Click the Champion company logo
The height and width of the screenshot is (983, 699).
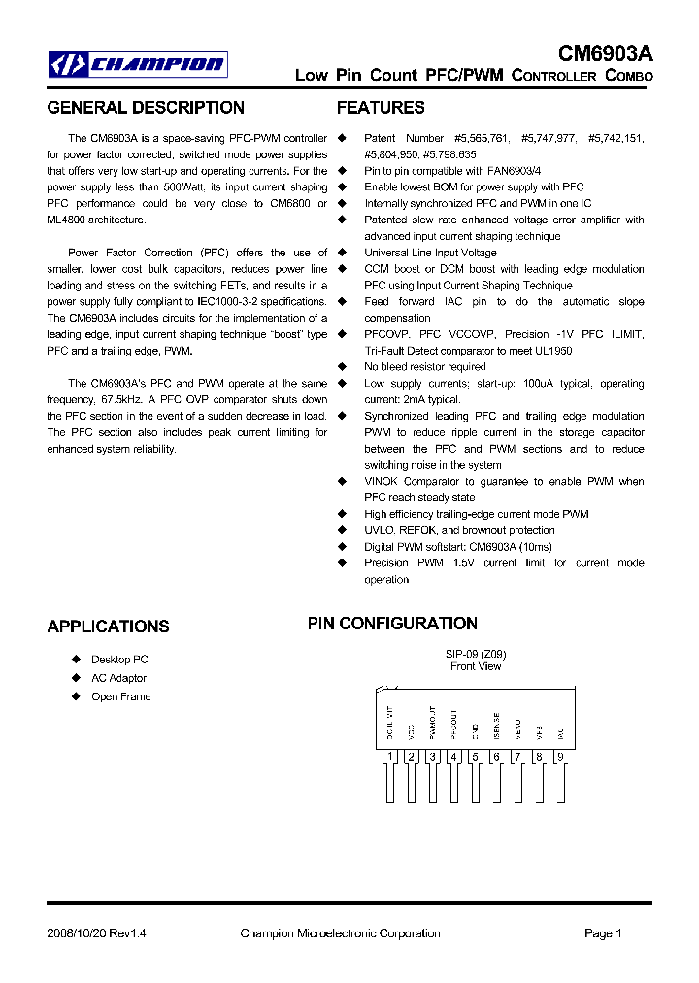coord(139,65)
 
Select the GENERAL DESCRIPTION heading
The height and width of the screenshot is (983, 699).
coord(146,108)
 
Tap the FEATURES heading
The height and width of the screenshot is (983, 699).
coord(381,108)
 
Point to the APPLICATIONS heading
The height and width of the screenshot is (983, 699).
coord(108,627)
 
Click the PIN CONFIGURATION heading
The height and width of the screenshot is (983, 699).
coord(392,624)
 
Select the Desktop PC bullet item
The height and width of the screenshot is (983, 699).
coord(119,660)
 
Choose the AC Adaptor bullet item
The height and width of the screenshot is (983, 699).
coord(118,678)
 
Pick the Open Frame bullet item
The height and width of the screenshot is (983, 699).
coord(120,696)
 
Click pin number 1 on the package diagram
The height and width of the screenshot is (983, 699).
coord(389,757)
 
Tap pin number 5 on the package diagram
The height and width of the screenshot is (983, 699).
coord(475,757)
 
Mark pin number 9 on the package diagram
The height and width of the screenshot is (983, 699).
coord(559,757)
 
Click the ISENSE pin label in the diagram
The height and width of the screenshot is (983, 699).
coord(496,724)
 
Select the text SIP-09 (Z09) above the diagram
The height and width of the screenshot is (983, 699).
coord(476,654)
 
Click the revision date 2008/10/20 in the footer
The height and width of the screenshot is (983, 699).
coord(79,933)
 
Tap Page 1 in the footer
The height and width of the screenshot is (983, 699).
coord(603,933)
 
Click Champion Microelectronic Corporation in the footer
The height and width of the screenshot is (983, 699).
coord(340,933)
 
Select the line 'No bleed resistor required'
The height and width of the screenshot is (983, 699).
coord(424,367)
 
